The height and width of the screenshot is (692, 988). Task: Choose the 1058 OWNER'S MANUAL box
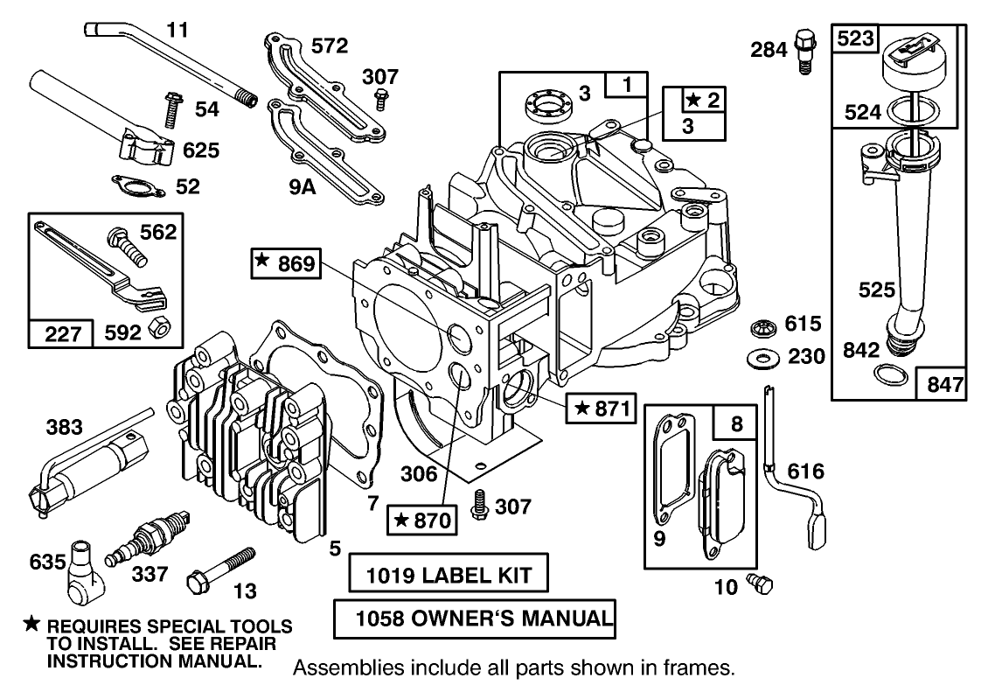pyautogui.click(x=475, y=619)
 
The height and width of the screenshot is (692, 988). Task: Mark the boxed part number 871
pyautogui.click(x=600, y=408)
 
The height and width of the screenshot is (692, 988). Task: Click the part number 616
pyautogui.click(x=805, y=472)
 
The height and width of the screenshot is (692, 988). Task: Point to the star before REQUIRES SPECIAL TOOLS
pyautogui.click(x=31, y=623)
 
